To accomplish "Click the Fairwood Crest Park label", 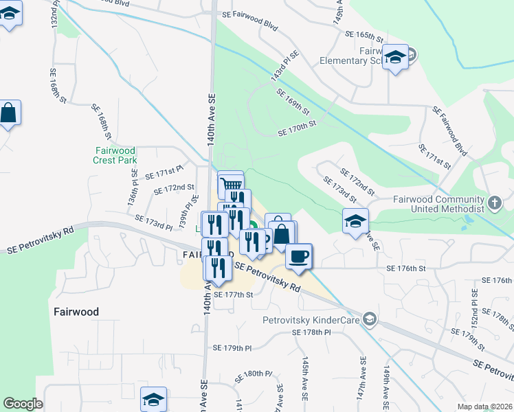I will [115, 154].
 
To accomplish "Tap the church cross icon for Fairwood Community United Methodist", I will [495, 203].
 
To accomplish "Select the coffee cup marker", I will [298, 256].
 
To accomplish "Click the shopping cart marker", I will [232, 184].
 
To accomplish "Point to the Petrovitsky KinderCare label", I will [312, 319].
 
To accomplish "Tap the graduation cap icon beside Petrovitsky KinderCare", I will [370, 318].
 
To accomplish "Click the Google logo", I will [23, 404].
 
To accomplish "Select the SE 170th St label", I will [296, 128].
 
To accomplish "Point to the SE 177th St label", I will [234, 295].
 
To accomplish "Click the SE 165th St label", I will [364, 34].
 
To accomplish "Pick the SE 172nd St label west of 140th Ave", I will [173, 188].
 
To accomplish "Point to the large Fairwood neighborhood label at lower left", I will [76, 312].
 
